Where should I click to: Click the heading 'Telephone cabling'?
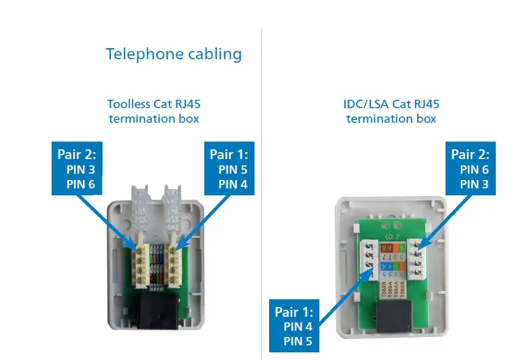coord(174,54)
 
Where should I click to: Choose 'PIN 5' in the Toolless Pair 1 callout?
coord(232,170)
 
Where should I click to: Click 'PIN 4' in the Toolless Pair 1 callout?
coord(232,184)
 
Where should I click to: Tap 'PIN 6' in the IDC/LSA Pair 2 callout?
coord(474,170)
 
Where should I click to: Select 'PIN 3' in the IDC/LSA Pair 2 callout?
coord(474,184)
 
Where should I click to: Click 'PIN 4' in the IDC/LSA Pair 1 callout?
coord(298,327)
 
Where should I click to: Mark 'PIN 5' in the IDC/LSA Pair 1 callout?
coord(298,341)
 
